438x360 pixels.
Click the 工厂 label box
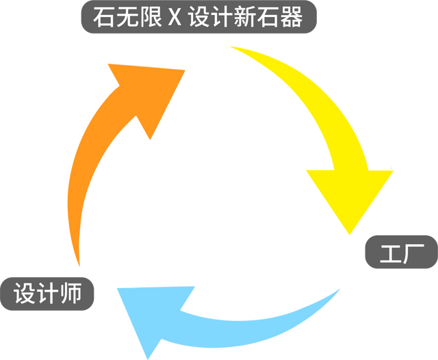[400, 254]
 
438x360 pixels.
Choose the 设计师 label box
[48, 294]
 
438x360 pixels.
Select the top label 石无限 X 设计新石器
[198, 18]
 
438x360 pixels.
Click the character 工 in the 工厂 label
[388, 254]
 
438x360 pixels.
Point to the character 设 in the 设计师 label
[25, 294]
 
